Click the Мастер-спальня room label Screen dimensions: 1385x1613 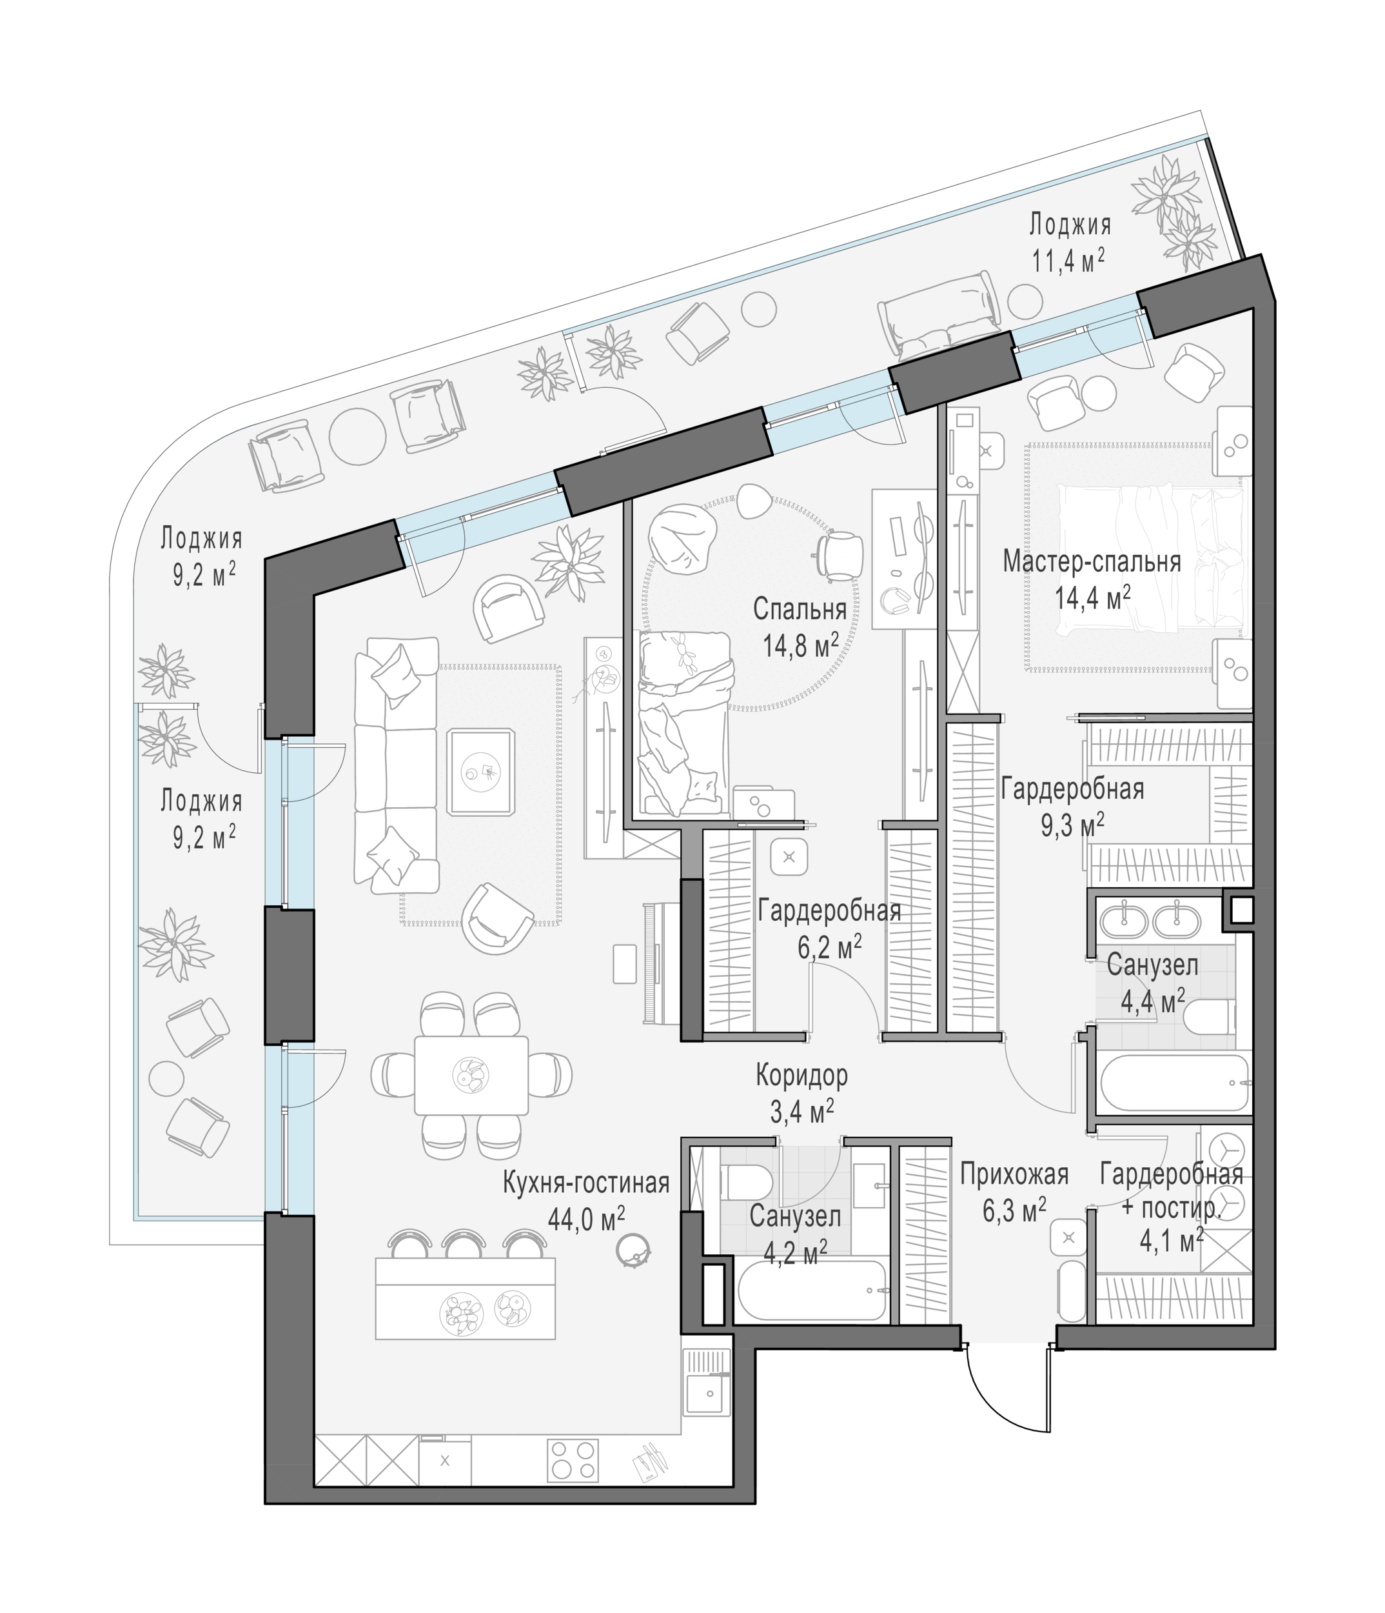pyautogui.click(x=1092, y=562)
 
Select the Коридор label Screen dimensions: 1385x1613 pyautogui.click(x=801, y=1076)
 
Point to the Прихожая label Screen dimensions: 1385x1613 pyautogui.click(x=1014, y=1173)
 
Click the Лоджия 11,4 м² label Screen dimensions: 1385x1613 pyautogui.click(x=1070, y=243)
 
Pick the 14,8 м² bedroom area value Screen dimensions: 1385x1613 pyautogui.click(x=801, y=645)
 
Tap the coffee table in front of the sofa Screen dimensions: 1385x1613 pyautogui.click(x=482, y=772)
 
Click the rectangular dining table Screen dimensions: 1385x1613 pyautogui.click(x=471, y=1075)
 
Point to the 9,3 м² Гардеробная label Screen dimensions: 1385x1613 pyautogui.click(x=1072, y=806)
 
